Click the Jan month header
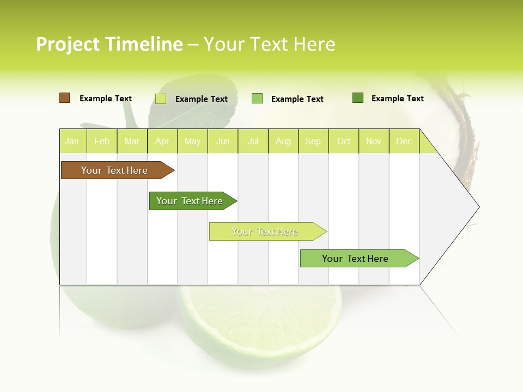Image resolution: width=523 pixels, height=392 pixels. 72,141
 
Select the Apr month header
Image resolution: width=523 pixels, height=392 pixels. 162,141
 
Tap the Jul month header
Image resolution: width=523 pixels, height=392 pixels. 253,141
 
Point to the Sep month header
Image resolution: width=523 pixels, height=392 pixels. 313,141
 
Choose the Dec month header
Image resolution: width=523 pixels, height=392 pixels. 404,141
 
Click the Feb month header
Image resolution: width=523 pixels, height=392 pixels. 102,141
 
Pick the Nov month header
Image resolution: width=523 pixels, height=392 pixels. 374,141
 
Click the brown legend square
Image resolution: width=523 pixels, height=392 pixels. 64,98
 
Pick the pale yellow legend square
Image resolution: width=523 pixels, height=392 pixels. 161,99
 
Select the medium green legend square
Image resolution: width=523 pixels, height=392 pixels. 257,99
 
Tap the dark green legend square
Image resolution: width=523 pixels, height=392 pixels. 358,98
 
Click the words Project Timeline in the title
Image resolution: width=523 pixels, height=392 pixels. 109,44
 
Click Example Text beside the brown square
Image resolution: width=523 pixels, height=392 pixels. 106,99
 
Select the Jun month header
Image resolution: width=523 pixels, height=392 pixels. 223,141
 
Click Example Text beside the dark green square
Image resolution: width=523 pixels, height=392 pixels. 398,99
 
